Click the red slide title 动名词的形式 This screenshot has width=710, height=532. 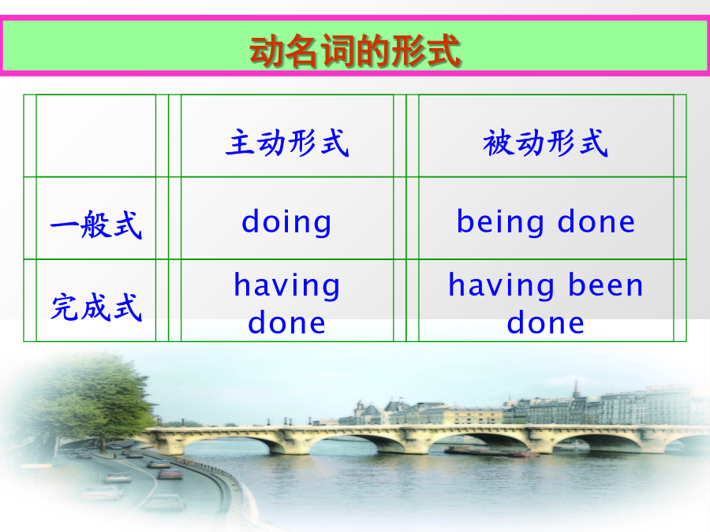[x=355, y=50]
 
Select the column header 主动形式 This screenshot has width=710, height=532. [x=287, y=143]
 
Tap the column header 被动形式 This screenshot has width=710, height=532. [x=545, y=143]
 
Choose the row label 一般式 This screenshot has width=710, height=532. [x=96, y=225]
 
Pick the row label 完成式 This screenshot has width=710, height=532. [x=96, y=307]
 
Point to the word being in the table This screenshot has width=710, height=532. [x=500, y=221]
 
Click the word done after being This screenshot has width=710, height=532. [x=596, y=221]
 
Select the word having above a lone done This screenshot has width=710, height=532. [x=286, y=286]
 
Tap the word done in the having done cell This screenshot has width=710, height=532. [x=286, y=322]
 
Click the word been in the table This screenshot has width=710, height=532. [x=605, y=285]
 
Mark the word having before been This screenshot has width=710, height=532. [x=501, y=286]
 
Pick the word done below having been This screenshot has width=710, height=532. [x=546, y=322]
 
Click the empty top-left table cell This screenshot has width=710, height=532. [x=96, y=136]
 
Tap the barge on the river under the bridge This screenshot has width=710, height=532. [x=491, y=452]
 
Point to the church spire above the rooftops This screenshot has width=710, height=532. [x=576, y=389]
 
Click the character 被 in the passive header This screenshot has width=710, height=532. [x=498, y=143]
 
